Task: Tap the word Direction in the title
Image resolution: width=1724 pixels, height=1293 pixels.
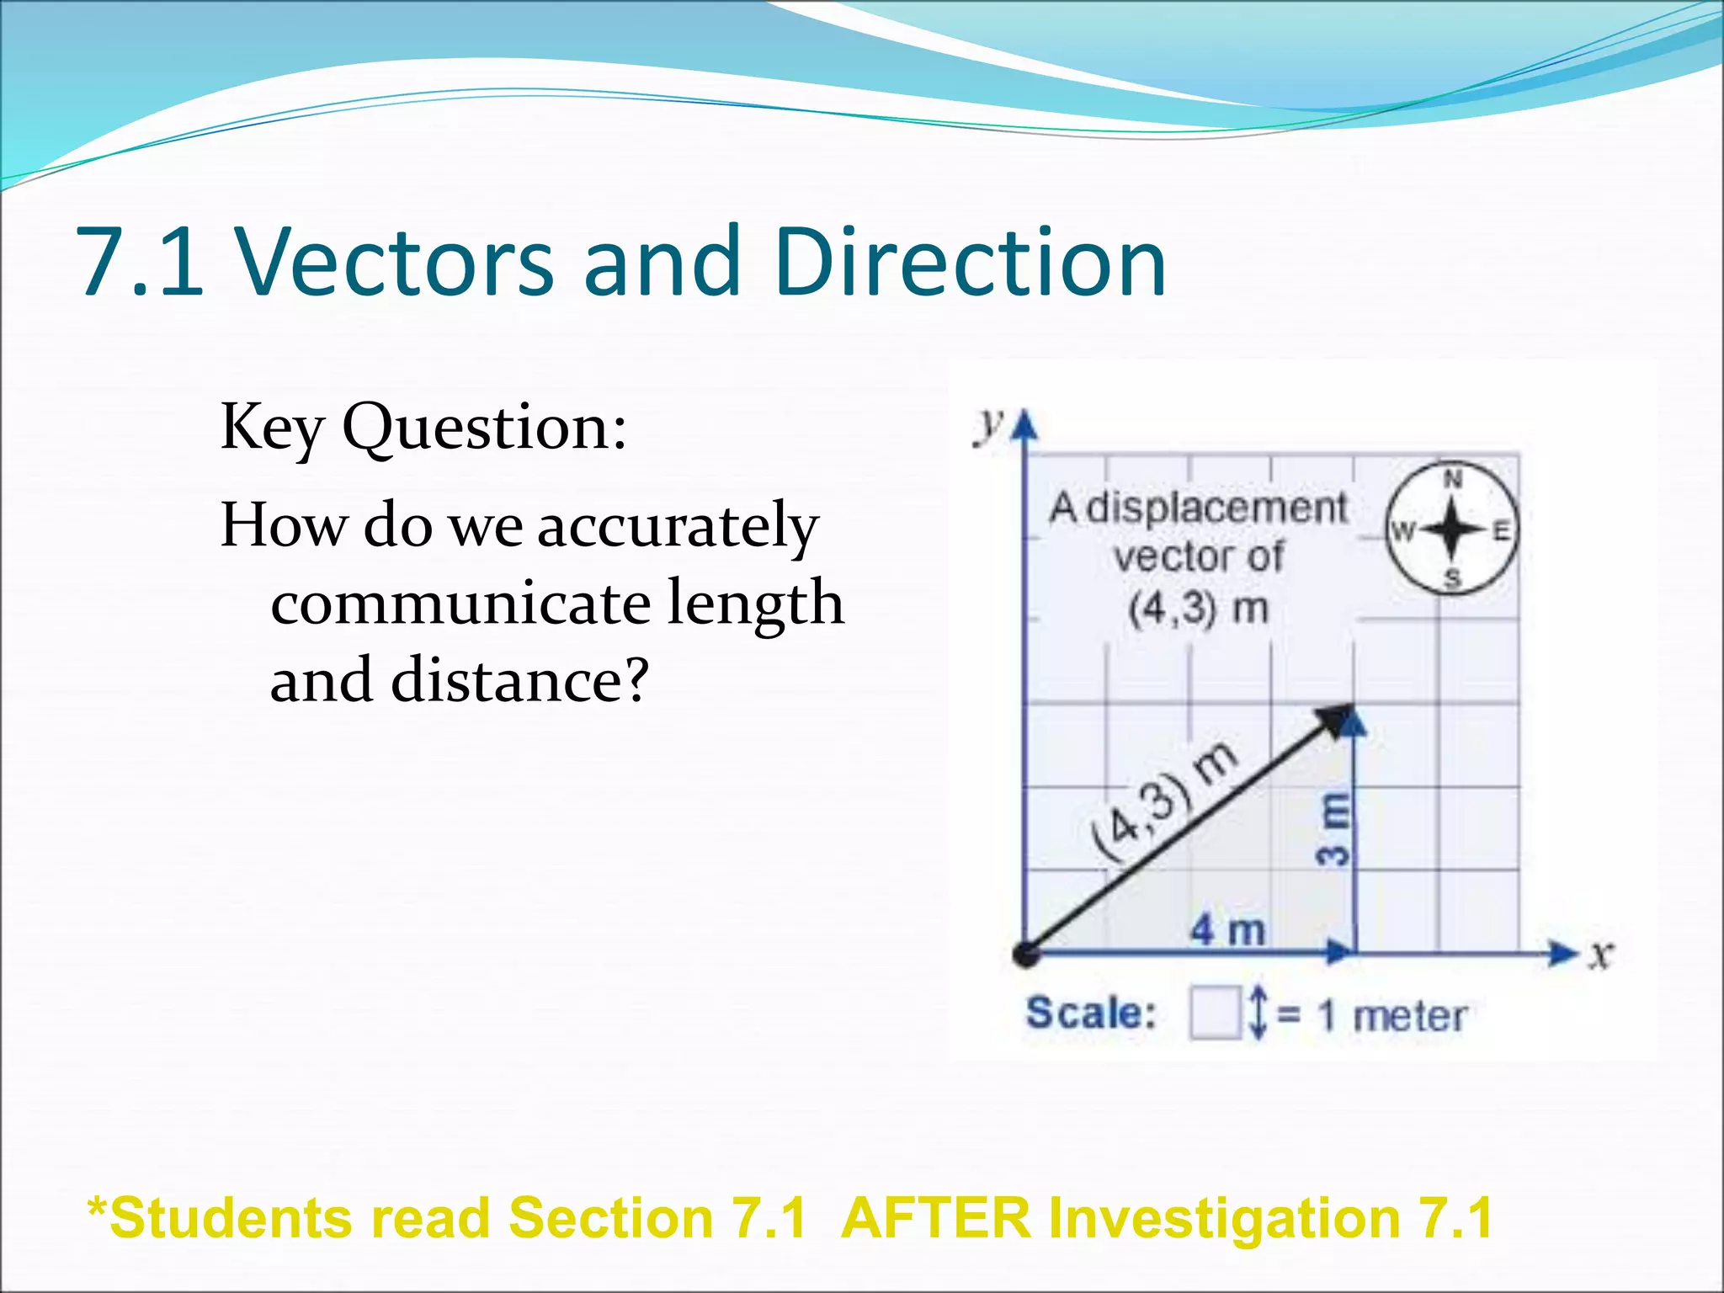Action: [x=969, y=263]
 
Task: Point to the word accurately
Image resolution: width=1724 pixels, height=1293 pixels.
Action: [x=678, y=527]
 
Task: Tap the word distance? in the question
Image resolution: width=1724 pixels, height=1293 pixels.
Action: [x=519, y=681]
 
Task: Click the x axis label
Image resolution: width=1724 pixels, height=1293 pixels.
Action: [x=1600, y=955]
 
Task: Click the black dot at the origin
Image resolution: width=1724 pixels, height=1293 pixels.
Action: [x=1025, y=955]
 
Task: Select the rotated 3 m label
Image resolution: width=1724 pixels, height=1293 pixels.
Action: [x=1333, y=828]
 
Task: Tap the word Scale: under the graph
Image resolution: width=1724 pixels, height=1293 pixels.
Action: [x=1091, y=1013]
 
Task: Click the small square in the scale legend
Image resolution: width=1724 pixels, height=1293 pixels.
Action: [x=1215, y=1014]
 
